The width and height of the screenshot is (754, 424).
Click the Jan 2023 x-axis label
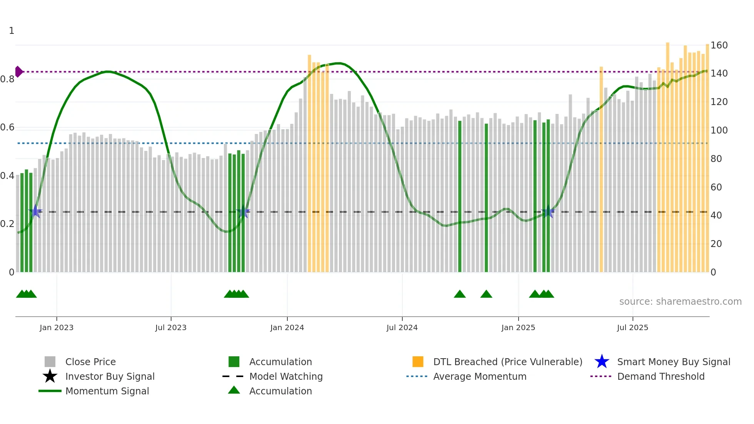[57, 327]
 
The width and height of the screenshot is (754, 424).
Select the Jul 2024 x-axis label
[402, 327]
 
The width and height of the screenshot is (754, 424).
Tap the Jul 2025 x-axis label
[632, 327]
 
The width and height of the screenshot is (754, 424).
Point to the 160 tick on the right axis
[719, 45]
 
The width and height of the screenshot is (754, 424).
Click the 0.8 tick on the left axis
[7, 79]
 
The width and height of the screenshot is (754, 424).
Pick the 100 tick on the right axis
[719, 130]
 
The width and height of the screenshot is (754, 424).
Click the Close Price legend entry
[90, 362]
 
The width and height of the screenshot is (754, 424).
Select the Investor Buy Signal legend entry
[110, 376]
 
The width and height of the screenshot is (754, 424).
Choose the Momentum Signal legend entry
[107, 391]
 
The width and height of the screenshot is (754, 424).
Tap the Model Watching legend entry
[286, 376]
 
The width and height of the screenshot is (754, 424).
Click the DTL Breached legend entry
[507, 362]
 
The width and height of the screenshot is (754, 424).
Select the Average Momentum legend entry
[480, 376]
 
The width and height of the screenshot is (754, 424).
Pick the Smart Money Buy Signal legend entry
[674, 362]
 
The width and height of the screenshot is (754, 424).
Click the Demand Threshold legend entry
[661, 376]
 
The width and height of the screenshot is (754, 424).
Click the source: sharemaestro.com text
[680, 302]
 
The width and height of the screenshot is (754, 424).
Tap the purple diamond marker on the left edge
[18, 72]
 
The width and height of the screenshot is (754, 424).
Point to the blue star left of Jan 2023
[35, 211]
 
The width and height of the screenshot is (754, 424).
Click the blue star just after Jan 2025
[548, 212]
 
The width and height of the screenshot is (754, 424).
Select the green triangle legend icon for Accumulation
[234, 390]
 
